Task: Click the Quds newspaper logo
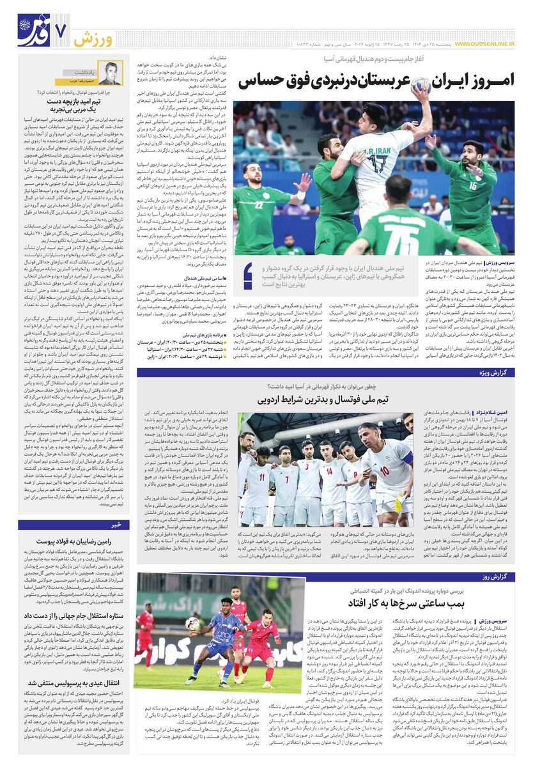pos(33,30)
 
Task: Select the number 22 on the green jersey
pos(259,205)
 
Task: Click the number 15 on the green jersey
pos(473,186)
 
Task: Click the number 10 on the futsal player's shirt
pos(384,470)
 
